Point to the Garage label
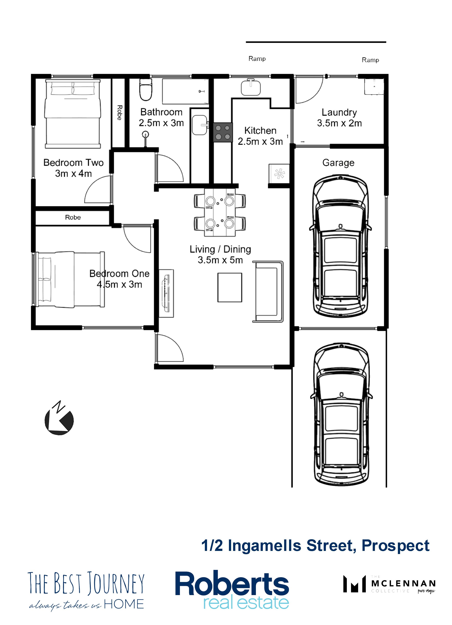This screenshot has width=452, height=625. click(338, 163)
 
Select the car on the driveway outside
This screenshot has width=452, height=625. click(341, 415)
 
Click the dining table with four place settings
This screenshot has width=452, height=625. click(220, 212)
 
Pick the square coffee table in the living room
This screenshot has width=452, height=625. click(230, 287)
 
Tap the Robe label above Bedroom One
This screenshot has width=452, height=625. click(73, 218)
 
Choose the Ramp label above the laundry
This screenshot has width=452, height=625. click(370, 60)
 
